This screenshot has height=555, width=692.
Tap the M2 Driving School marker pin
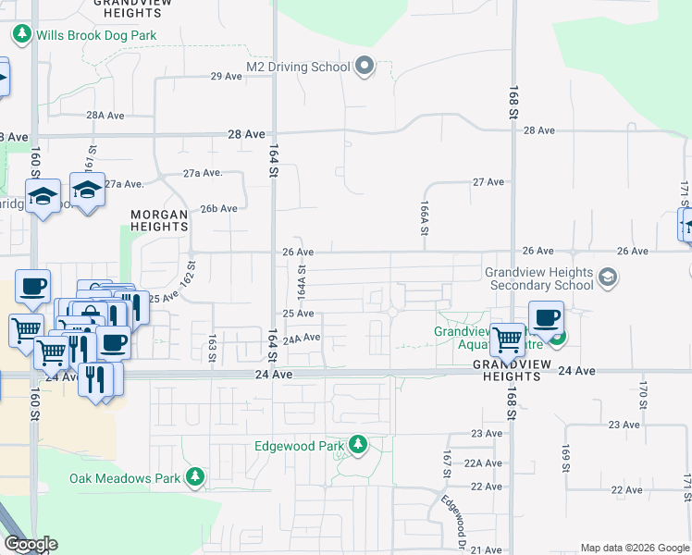(365, 67)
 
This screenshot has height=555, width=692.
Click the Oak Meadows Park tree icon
(194, 477)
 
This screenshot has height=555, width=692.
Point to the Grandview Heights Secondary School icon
(608, 277)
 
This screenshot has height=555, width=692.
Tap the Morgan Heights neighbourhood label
(159, 220)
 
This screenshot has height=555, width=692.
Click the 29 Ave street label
(226, 76)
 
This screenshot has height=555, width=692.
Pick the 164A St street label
(301, 277)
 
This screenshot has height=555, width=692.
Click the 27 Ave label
(488, 182)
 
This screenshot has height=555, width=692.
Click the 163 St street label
(213, 348)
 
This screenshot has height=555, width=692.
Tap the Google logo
(31, 544)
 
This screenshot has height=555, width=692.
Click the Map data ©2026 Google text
(633, 548)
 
